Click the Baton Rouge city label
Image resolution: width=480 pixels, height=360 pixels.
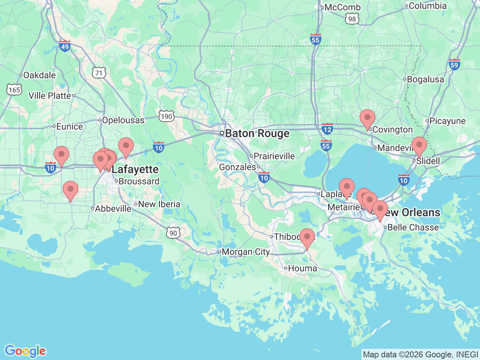257,133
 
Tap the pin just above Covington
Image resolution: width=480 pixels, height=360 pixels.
367,118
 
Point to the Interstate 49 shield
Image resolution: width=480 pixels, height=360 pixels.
65,46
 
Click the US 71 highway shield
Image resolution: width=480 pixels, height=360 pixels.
99,73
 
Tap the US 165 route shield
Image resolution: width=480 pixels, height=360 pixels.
14,90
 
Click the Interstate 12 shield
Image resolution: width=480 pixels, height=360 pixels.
327,129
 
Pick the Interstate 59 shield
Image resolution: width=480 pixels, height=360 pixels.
454,64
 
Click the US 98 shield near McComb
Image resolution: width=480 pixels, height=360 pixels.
352,19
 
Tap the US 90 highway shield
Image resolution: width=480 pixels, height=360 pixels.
173,233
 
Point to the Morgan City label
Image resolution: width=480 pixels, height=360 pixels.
246,252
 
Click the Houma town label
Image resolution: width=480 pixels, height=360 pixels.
302,268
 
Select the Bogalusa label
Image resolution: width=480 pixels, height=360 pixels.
425,79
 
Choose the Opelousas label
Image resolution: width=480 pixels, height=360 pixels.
123,120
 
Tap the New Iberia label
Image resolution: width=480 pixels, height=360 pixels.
159,204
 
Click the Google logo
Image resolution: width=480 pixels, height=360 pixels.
25,351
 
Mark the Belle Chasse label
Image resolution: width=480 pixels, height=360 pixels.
413,227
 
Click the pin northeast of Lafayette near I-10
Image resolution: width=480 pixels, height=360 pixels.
126,146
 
